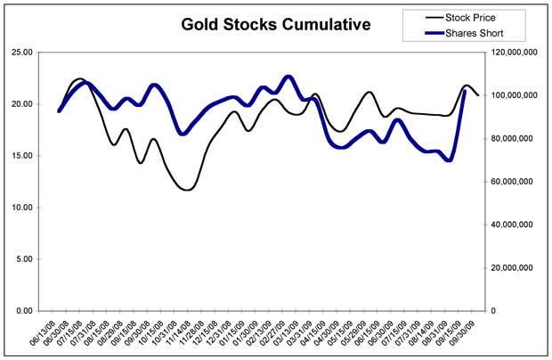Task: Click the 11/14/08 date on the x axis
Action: [180, 333]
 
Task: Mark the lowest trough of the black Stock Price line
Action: [186, 190]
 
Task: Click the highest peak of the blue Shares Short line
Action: [288, 77]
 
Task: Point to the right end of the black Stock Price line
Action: [479, 95]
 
